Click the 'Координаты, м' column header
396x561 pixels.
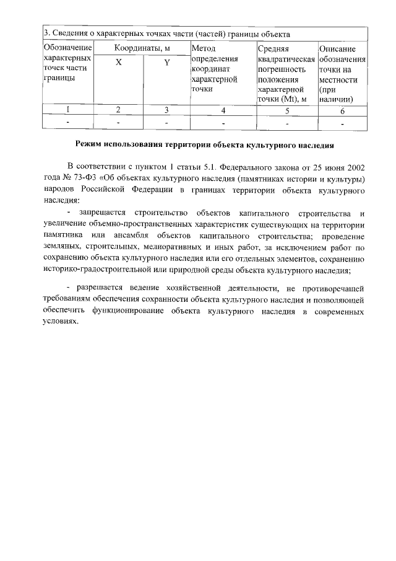pos(141,48)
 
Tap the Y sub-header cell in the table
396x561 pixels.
pos(166,63)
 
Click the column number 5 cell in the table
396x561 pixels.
pos(286,111)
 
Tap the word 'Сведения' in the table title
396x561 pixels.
pos(70,33)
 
